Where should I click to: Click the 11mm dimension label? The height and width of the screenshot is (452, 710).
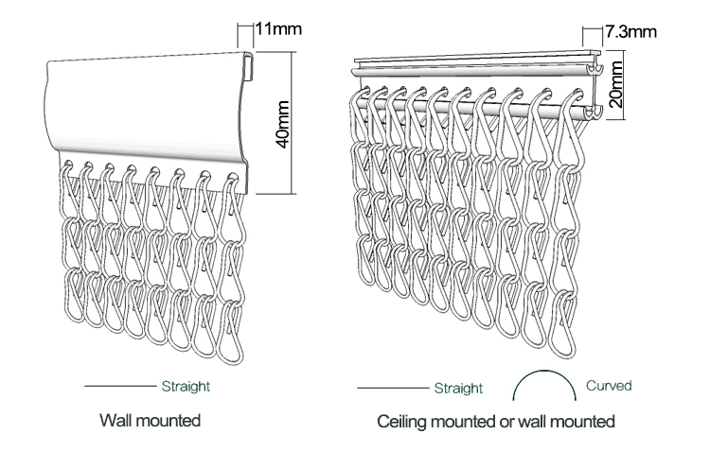(278, 29)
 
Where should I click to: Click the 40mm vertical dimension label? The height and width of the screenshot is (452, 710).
(283, 125)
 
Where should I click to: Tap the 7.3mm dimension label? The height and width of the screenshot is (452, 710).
(630, 31)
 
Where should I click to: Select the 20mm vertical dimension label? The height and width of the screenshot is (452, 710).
(616, 84)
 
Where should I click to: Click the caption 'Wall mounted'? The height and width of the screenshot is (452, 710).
(151, 421)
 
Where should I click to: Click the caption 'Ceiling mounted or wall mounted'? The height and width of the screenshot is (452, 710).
(496, 421)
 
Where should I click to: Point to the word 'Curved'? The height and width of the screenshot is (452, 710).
(609, 386)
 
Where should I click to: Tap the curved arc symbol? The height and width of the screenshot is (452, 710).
(544, 372)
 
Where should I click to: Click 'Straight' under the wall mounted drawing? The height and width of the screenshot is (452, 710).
(186, 387)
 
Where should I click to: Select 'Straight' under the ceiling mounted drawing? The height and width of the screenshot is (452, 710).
(459, 389)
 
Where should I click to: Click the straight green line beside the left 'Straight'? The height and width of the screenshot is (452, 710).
(120, 386)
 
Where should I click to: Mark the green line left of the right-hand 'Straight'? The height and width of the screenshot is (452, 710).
(393, 388)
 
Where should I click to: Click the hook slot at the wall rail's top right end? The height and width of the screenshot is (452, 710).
(249, 67)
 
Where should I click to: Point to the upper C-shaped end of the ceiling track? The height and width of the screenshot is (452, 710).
(595, 69)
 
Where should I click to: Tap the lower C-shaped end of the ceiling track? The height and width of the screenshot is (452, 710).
(594, 113)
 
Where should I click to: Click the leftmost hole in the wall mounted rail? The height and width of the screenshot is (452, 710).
(68, 163)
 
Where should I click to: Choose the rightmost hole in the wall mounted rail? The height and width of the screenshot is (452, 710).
(232, 177)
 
